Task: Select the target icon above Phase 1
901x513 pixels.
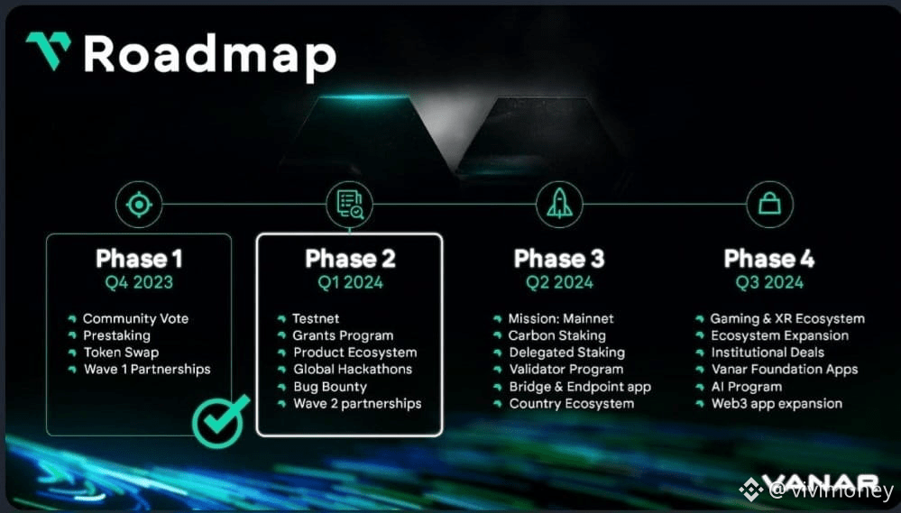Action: click(138, 205)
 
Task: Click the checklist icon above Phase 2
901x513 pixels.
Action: click(349, 205)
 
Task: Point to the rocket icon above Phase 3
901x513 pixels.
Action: click(559, 205)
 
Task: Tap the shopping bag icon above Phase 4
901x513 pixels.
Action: click(769, 205)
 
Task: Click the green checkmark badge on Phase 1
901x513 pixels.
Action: click(220, 418)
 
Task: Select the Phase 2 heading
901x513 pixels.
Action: click(350, 260)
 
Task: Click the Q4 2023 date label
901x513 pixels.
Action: click(139, 282)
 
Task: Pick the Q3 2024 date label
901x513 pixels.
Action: click(769, 282)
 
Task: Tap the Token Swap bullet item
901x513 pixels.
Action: click(121, 353)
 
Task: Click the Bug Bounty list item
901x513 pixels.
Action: click(330, 387)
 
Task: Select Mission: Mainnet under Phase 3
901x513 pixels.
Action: click(561, 318)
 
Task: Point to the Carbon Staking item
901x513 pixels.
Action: click(556, 335)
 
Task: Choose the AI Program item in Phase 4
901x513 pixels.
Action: click(746, 387)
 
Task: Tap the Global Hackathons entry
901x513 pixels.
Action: click(352, 369)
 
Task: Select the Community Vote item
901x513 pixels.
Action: click(135, 318)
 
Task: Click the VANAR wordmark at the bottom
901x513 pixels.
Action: click(821, 484)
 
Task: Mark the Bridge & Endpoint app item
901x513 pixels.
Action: click(580, 387)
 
